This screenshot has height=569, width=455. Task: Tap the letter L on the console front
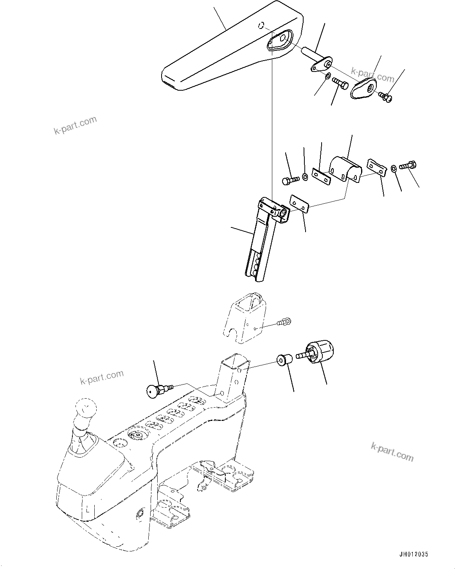(88, 509)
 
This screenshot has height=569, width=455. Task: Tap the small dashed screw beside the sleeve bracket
(284, 322)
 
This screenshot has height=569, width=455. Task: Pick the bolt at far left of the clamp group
(290, 180)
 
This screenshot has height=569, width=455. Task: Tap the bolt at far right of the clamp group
(408, 166)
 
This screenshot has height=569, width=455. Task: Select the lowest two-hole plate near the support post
(299, 204)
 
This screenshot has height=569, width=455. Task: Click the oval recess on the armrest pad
(279, 40)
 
